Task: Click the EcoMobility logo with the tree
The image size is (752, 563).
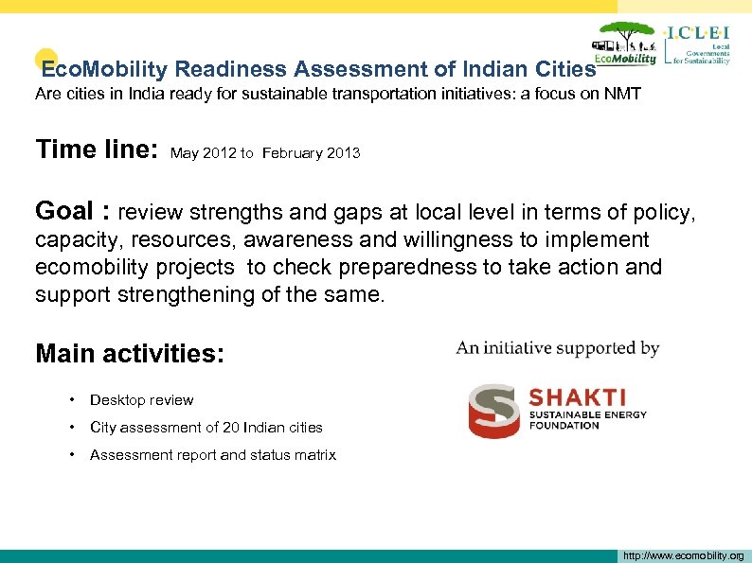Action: click(x=625, y=44)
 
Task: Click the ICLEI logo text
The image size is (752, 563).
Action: click(x=699, y=32)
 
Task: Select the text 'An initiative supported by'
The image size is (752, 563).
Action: click(x=558, y=348)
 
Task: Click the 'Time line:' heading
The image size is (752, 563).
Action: click(x=96, y=150)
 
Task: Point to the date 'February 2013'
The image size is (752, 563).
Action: click(x=311, y=152)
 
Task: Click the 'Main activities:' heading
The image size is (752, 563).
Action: click(x=130, y=354)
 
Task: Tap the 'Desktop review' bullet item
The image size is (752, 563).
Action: click(x=141, y=400)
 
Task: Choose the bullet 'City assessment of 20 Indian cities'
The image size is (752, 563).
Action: click(x=206, y=428)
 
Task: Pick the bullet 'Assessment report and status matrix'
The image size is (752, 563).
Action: click(x=212, y=455)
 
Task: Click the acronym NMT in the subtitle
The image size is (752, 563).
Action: click(x=622, y=95)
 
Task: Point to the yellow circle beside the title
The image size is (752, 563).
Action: click(x=46, y=60)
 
